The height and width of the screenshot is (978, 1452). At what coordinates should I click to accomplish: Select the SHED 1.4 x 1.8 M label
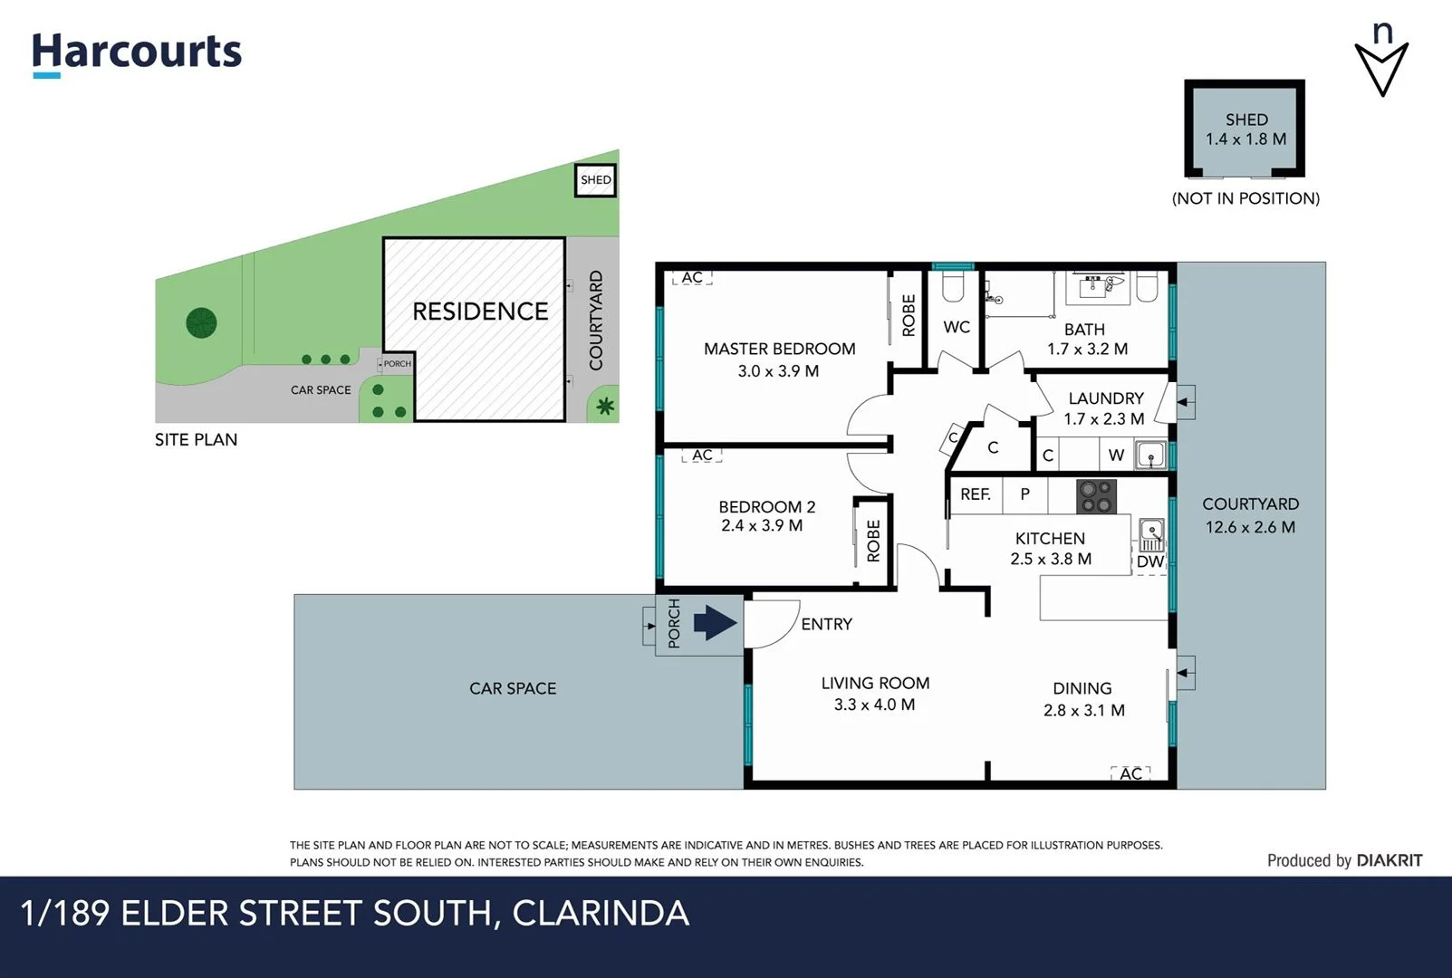tap(1245, 129)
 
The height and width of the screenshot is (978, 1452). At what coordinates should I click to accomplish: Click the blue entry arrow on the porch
tap(715, 623)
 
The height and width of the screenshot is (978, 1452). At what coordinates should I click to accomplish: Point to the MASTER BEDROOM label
tap(779, 349)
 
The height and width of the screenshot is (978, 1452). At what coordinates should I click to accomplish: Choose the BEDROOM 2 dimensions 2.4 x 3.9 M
tap(761, 525)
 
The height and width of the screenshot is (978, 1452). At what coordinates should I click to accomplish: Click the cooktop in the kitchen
tap(1096, 496)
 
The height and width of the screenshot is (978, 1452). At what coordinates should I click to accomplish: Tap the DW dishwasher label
tap(1149, 561)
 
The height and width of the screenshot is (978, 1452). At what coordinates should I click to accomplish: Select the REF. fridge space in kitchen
tap(975, 494)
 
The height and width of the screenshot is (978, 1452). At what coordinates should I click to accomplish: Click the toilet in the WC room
tap(952, 288)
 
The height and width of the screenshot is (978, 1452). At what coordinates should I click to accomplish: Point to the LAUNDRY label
tap(1105, 398)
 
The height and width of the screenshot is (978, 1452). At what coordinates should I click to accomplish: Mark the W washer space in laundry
tap(1116, 455)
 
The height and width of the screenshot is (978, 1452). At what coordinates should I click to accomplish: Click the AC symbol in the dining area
tap(1130, 773)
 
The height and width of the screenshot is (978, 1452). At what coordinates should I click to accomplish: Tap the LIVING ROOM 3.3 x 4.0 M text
tap(875, 694)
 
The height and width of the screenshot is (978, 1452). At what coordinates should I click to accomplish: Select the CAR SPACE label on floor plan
tap(513, 688)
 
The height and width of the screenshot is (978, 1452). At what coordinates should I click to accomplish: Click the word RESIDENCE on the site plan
tap(480, 312)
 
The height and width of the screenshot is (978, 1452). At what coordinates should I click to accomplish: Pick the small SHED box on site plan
tap(595, 180)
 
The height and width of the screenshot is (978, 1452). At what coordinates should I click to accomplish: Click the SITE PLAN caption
tap(196, 440)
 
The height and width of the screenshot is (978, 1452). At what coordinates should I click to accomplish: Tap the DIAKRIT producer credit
tap(1389, 860)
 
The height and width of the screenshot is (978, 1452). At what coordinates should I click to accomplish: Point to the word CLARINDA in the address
tap(601, 913)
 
